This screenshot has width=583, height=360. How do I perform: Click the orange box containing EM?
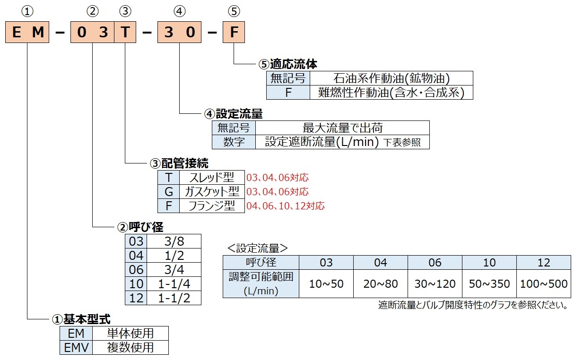[28, 33]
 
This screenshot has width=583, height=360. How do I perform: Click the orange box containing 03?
[93, 33]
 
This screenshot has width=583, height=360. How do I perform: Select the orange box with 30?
[179, 33]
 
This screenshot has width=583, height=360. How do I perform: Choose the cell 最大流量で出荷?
[342, 128]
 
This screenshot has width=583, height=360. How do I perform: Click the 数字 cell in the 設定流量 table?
[234, 142]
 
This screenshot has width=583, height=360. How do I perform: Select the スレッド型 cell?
[211, 177]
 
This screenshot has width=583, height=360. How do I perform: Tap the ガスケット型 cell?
[211, 191]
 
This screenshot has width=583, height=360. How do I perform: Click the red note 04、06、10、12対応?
[286, 206]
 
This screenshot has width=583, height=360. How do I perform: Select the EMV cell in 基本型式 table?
[76, 347]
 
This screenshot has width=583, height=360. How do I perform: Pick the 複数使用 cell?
[130, 347]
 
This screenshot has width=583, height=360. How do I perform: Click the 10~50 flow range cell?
[326, 283]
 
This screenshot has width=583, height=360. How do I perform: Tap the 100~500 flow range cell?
[544, 283]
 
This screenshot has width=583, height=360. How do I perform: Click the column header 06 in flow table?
[435, 263]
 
